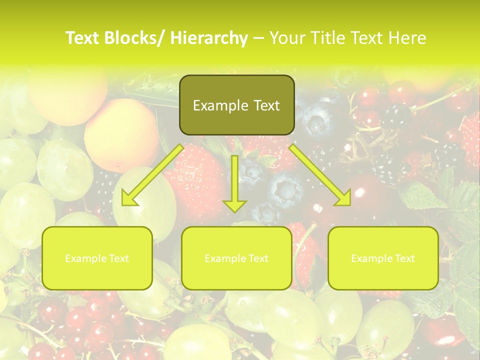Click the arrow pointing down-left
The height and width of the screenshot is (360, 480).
(152, 175)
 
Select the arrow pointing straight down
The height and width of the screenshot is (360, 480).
(234, 183)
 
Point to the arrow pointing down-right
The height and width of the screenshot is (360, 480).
(320, 175)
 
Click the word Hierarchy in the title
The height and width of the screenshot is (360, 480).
(209, 38)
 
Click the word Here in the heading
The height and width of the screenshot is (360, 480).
(407, 38)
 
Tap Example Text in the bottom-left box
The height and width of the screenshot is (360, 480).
(97, 258)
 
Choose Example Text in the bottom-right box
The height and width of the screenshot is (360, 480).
(383, 258)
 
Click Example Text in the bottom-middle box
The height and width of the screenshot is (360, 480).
(236, 258)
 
